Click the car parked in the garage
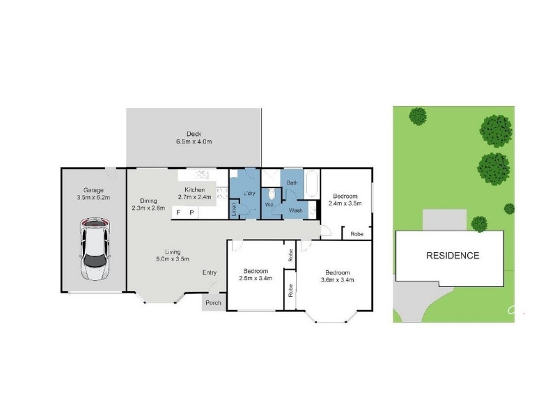[95, 249]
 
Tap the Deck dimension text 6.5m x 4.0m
[194, 141]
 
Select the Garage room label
[93, 190]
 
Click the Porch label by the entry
[213, 303]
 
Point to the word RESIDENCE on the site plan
[453, 256]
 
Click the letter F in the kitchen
[178, 212]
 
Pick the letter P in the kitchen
[192, 212]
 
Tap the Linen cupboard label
[234, 209]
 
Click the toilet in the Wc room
[272, 194]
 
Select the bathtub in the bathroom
[312, 184]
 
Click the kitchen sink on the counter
[203, 175]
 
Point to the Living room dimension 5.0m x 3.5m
[173, 259]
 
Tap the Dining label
[148, 201]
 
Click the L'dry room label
[249, 194]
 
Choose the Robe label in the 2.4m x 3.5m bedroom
[356, 234]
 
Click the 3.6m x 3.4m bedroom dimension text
[337, 280]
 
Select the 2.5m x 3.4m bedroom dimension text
[256, 278]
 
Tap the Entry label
[210, 272]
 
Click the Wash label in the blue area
[295, 210]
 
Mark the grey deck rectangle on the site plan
[444, 220]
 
